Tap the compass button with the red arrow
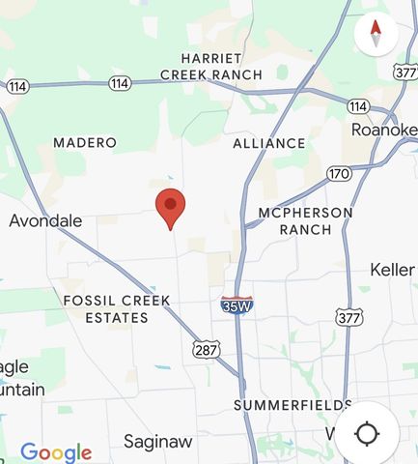(x=376, y=34)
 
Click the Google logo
(x=56, y=451)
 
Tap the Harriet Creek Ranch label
(x=210, y=66)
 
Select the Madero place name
(x=85, y=143)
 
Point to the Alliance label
(x=269, y=143)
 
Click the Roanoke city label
(x=383, y=130)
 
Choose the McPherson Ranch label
(x=305, y=220)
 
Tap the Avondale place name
(x=45, y=220)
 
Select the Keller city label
(x=392, y=270)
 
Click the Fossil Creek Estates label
(x=116, y=308)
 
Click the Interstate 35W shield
(x=237, y=305)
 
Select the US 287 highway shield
(x=205, y=348)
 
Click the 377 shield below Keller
(x=348, y=316)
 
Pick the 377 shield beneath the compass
(x=405, y=72)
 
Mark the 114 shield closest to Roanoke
(x=358, y=105)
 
